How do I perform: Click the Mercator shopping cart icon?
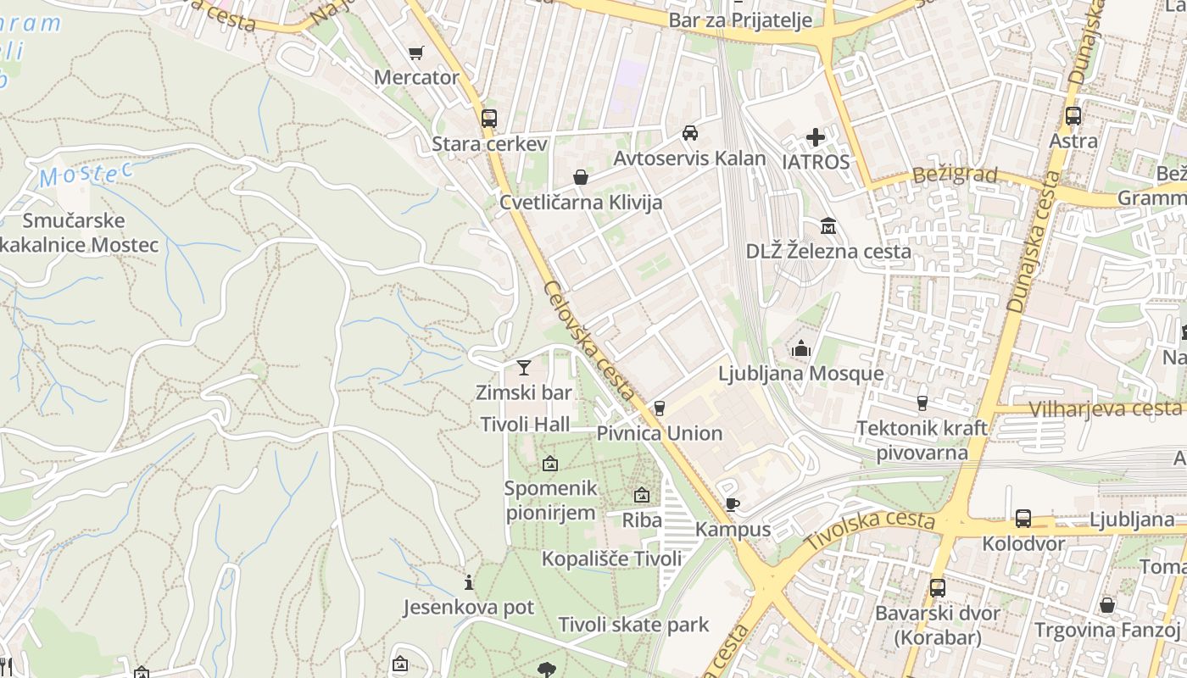pos(415,53)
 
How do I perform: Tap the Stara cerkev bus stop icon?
pos(488,119)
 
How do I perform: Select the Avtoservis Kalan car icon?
pos(690,133)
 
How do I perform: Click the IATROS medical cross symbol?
pos(816,137)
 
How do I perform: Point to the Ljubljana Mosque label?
pos(800,374)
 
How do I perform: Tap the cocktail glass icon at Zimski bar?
pos(524,368)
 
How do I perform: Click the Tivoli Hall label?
pos(525,425)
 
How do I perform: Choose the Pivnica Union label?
pos(660,433)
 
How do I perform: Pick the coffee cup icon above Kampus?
pos(732,505)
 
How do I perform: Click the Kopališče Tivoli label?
pos(611,559)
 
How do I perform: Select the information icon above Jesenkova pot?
pos(468,582)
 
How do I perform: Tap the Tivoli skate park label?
pos(633,625)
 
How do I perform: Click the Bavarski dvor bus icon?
pos(937,587)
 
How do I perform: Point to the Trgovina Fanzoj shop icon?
pos(1106,605)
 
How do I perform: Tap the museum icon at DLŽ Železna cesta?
pos(828,226)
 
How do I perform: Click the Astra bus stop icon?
pos(1073,116)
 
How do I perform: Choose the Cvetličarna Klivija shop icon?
pos(581,177)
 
